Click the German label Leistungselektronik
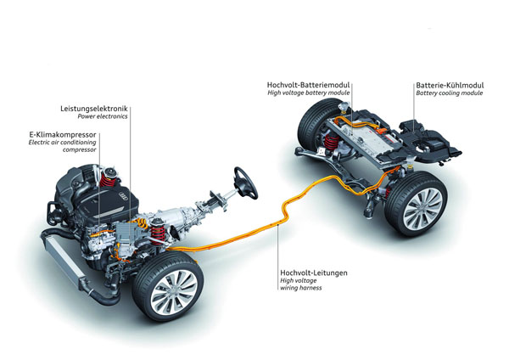(92, 109)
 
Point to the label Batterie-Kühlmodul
(450, 85)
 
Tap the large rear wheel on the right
(416, 204)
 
